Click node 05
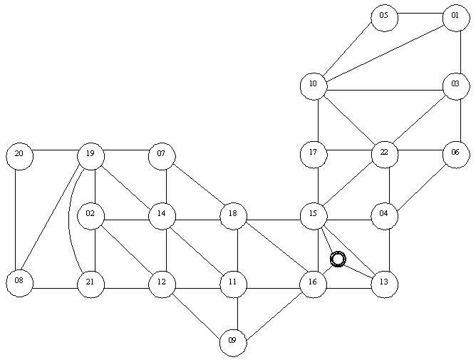(384, 18)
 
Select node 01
(456, 18)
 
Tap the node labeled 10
(314, 86)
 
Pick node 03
(456, 86)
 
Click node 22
(385, 155)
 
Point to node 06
(456, 155)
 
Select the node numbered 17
(314, 155)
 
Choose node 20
(19, 156)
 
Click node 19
(90, 156)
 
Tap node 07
(162, 156)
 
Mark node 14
(162, 216)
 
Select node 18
(233, 216)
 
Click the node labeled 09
(233, 343)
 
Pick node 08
(19, 283)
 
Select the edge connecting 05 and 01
(420, 14)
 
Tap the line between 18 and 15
(273, 220)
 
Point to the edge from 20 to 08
(15, 220)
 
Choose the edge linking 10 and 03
(385, 91)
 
